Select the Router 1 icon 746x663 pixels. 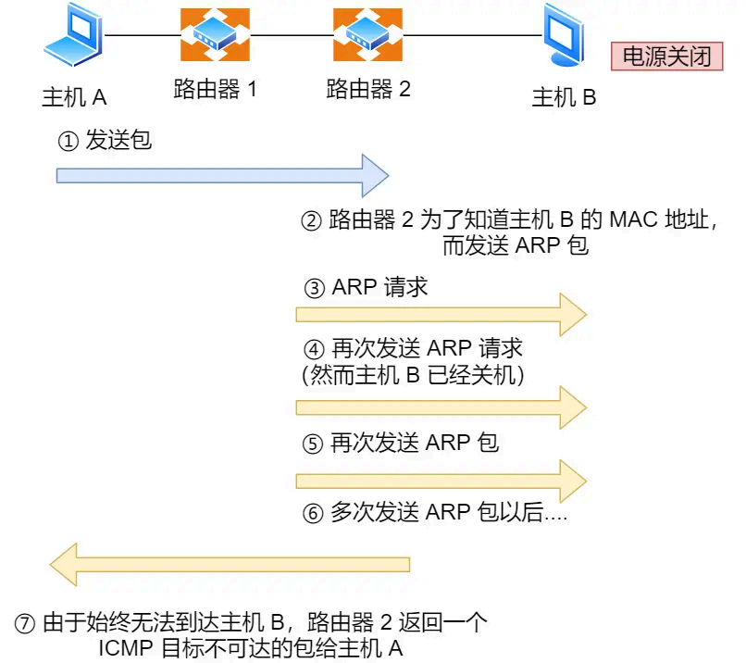coord(215,36)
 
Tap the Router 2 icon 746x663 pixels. coord(367,36)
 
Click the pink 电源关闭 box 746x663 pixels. coord(665,56)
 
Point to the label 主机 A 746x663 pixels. coord(75,97)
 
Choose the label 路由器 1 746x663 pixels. coord(215,91)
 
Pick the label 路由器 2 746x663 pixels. coord(367,91)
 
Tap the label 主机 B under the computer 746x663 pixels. coord(565,97)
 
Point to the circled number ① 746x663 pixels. coord(68,142)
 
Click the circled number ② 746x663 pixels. coord(312,222)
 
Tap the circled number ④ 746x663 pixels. coord(315,350)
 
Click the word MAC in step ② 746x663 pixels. coord(632,222)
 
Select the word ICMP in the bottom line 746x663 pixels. coord(127,648)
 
